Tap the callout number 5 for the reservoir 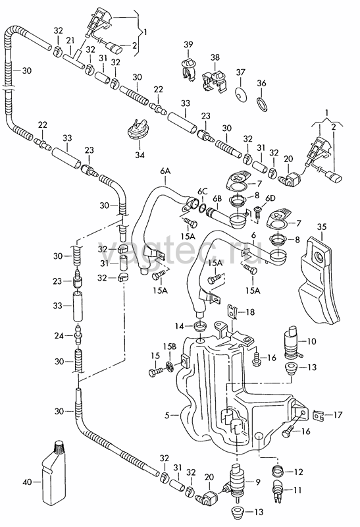point(167,416)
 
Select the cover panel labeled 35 point(319,279)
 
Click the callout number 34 point(140,155)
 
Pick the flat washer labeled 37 point(241,94)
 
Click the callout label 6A point(165,171)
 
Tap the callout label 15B point(170,347)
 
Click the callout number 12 point(298,472)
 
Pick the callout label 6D point(270,198)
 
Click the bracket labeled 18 point(232,311)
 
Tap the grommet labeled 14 point(201,325)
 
